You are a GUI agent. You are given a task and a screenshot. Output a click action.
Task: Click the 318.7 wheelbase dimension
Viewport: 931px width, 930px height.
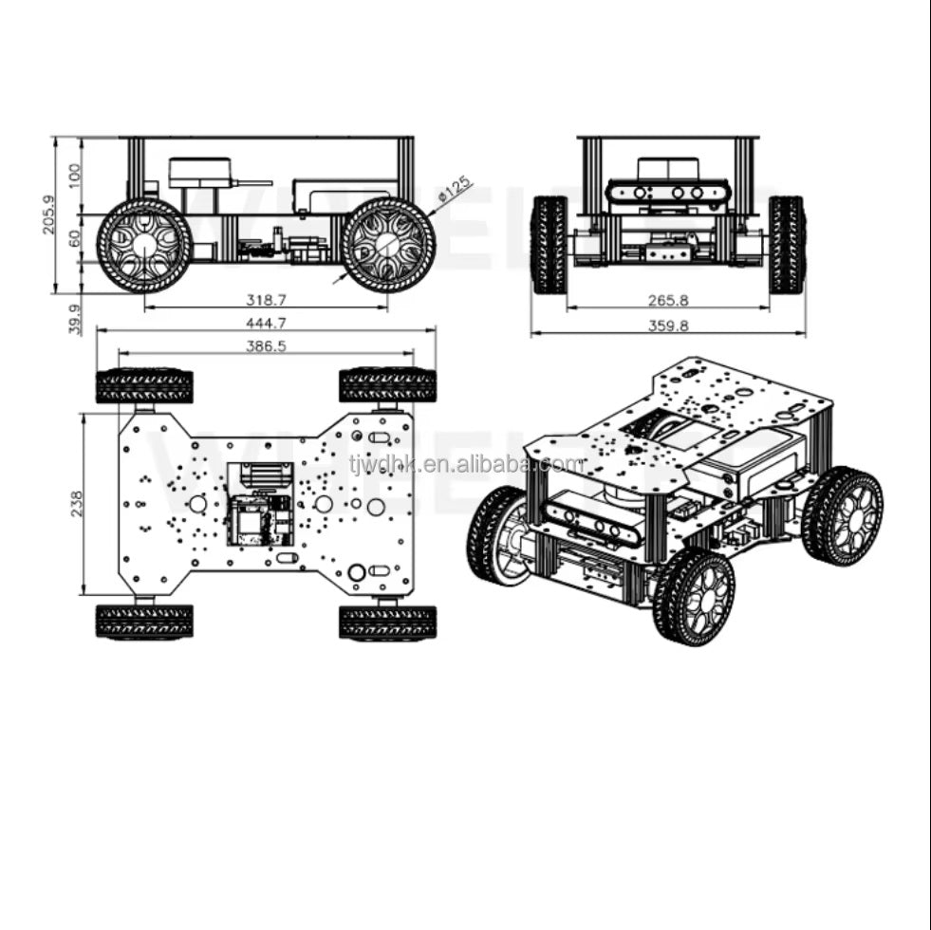(266, 300)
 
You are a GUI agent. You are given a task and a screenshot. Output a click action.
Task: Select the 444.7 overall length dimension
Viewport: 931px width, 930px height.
(266, 323)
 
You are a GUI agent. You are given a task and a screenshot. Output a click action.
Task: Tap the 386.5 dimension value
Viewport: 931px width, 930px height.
(266, 346)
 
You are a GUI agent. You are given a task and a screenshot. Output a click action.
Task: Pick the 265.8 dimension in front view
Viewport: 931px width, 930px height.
(668, 300)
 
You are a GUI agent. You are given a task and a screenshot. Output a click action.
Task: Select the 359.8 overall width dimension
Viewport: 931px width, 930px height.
(668, 325)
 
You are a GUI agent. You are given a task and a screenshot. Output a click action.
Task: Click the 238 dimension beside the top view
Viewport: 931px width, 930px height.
(77, 502)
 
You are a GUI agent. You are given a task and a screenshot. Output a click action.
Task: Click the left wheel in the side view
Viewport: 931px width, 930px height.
(144, 245)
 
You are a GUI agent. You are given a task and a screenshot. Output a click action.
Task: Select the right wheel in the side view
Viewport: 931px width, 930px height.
(387, 245)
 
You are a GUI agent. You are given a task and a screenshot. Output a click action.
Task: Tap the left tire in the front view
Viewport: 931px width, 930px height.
(549, 245)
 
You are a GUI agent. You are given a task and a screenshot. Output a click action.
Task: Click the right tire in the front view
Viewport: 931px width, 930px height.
(787, 245)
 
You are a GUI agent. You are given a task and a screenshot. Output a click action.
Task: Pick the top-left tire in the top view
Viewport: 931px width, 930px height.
(144, 385)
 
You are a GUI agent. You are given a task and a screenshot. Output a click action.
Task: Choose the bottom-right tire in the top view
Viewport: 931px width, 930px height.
(387, 622)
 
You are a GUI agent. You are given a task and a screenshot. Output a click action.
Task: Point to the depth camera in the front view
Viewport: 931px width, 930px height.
(668, 193)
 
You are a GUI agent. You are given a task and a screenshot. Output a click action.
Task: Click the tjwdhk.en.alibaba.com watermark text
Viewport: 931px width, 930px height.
(466, 464)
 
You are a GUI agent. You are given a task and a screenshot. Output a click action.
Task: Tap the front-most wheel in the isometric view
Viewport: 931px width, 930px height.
(693, 597)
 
